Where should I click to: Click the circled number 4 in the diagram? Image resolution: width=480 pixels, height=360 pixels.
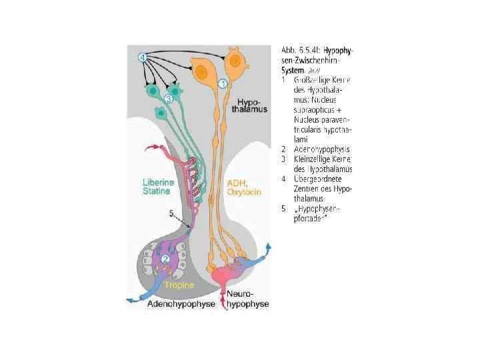coord(143,57)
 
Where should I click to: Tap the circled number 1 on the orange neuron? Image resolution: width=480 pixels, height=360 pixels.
coord(223,84)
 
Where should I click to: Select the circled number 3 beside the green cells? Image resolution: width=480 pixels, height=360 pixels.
coord(168,99)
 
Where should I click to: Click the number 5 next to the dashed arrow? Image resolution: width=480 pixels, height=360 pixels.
coord(172,213)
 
